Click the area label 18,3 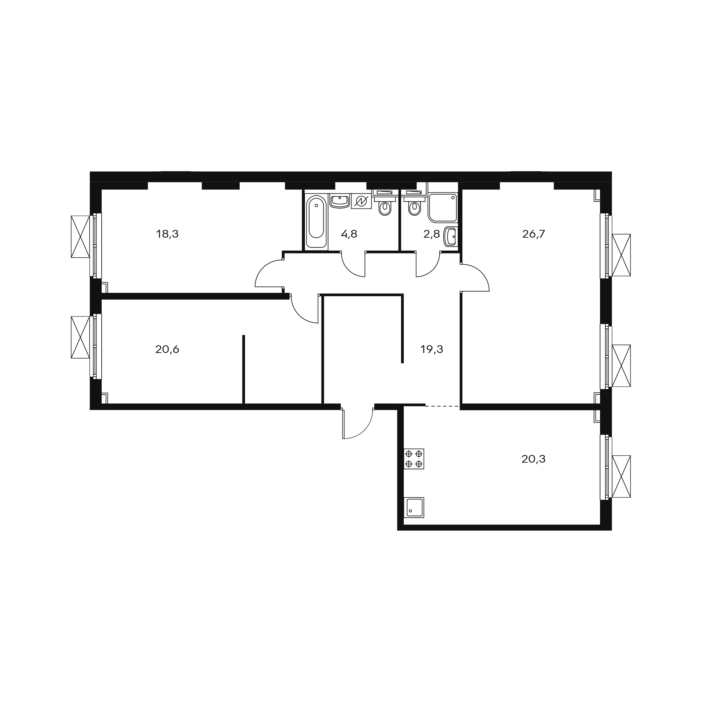[167, 234]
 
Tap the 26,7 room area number [533, 234]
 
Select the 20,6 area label [167, 349]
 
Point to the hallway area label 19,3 [432, 349]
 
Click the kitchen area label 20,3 [533, 460]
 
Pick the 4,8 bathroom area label [349, 234]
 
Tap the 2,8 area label [431, 234]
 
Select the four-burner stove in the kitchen [414, 459]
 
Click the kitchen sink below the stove [414, 507]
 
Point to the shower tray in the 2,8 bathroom [443, 207]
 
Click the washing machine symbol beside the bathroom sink [361, 201]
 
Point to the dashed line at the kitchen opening [442, 406]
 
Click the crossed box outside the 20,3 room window [621, 476]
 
